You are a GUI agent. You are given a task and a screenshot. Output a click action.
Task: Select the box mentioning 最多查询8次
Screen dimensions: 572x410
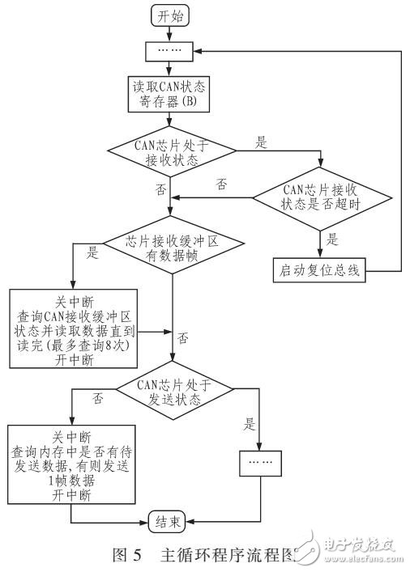tap(74, 328)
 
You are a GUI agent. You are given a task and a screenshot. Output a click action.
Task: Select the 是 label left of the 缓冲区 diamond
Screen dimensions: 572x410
tap(92, 252)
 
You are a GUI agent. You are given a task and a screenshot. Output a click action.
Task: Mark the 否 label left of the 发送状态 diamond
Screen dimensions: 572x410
tap(98, 398)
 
